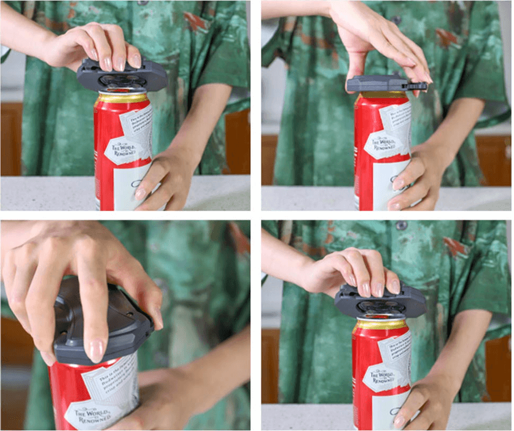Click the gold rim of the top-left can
tap(123, 97)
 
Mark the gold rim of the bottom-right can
tap(381, 323)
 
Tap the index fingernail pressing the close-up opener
tap(96, 350)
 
